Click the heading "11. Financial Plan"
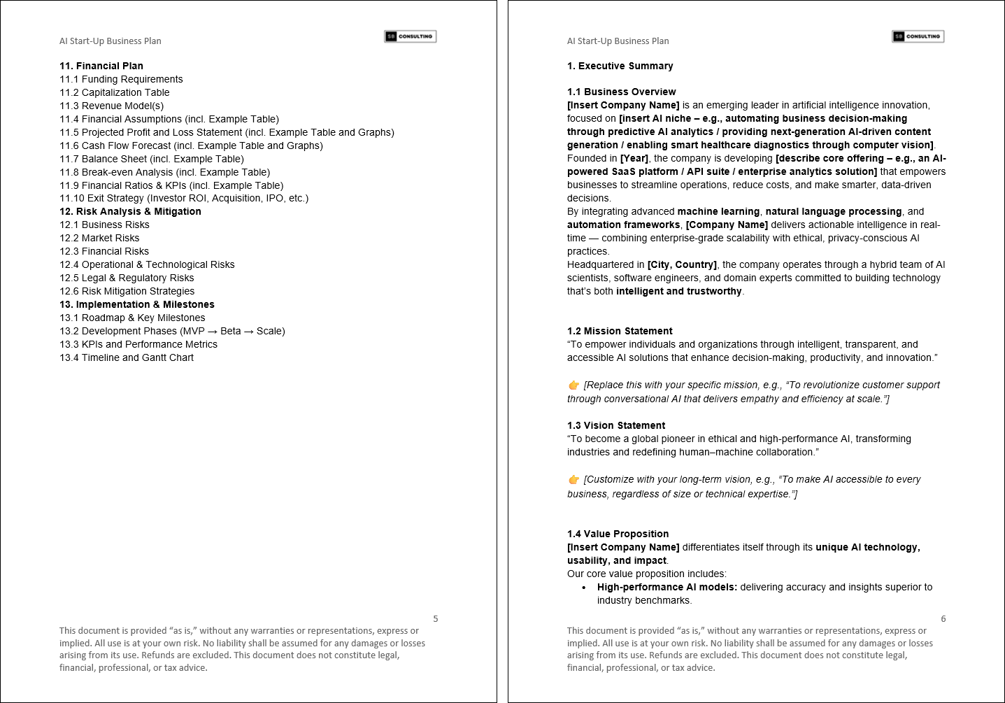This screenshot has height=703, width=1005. [101, 66]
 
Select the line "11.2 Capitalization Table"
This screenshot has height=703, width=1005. [115, 92]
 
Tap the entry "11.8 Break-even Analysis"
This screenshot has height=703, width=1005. [164, 172]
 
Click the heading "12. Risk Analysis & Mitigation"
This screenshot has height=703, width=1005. [130, 211]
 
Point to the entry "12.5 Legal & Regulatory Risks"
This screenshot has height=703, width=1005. [127, 278]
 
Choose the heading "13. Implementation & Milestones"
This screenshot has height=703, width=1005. [137, 304]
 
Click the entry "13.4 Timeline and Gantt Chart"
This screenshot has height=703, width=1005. [127, 357]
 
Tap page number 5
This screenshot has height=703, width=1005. [436, 618]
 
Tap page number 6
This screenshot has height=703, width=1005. [943, 618]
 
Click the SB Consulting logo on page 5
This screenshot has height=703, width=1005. [411, 36]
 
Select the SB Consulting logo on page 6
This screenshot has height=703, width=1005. [918, 36]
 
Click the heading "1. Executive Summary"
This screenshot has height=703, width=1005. [620, 66]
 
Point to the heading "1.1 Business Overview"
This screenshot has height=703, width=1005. [622, 92]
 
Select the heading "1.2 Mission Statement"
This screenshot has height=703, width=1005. [620, 331]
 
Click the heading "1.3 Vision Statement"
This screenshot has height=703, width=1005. [616, 425]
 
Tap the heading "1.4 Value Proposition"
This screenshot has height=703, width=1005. [618, 534]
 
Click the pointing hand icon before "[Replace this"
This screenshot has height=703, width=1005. [574, 385]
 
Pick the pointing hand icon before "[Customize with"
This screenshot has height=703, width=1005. [574, 479]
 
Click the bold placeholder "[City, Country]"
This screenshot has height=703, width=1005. [682, 264]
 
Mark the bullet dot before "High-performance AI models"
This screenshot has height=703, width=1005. [584, 588]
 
